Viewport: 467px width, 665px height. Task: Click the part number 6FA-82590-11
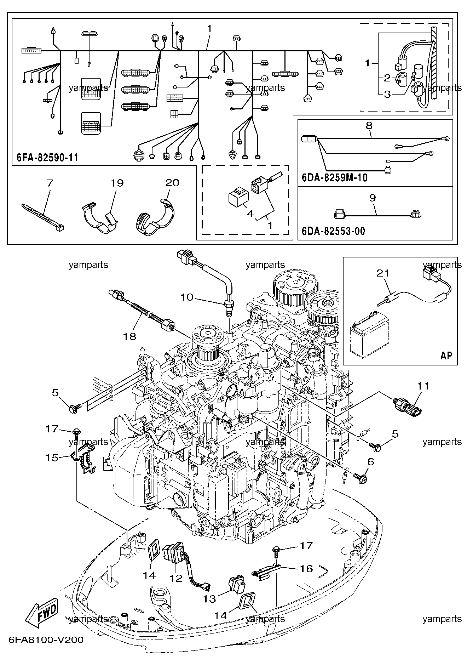coord(47,157)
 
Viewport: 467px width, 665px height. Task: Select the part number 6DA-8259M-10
coord(334,178)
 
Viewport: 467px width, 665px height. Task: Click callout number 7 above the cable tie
coord(50,183)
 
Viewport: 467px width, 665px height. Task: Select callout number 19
coord(117,183)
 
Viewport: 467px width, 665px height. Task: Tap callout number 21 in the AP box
coord(383,273)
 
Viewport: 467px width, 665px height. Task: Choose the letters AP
coord(446,355)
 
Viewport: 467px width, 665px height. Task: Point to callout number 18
coord(130,336)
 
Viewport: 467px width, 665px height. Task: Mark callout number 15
coord(52,457)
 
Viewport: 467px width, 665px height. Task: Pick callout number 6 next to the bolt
coord(371,462)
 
